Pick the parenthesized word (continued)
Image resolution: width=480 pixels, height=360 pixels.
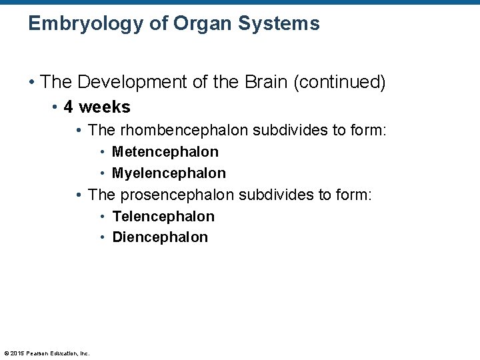point(339,83)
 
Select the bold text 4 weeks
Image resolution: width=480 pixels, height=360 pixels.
point(97,107)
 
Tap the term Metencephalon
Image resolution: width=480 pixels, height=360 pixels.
point(165,152)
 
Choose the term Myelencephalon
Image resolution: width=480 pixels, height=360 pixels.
point(169,173)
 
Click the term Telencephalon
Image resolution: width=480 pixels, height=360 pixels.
point(163,216)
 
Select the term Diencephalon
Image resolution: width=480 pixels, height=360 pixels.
point(160,237)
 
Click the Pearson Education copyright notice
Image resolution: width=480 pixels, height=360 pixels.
point(47,353)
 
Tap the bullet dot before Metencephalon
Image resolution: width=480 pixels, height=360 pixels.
point(103,153)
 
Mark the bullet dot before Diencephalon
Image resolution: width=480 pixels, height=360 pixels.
point(103,238)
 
